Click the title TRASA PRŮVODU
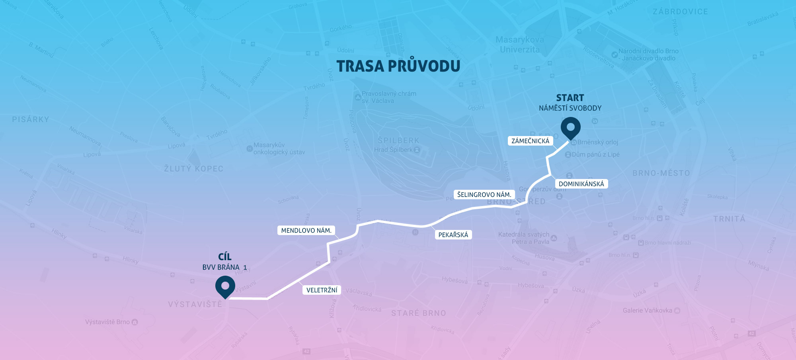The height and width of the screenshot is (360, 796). [398, 66]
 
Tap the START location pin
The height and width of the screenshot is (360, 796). [570, 127]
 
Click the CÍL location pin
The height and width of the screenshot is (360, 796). [225, 286]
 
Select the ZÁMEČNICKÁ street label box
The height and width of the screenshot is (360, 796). [530, 141]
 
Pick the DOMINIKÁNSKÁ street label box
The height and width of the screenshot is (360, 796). [581, 184]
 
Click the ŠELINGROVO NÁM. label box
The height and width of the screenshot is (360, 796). [484, 195]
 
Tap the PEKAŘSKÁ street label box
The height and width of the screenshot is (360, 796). [453, 235]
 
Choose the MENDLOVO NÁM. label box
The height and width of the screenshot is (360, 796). [306, 230]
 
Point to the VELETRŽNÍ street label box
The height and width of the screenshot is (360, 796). [322, 290]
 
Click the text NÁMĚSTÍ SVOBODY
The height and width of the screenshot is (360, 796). [570, 108]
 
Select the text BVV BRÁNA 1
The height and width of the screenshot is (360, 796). [224, 267]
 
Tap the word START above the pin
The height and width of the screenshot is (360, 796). [570, 98]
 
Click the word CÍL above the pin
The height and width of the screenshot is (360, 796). [225, 257]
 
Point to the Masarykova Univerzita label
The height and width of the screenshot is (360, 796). [519, 45]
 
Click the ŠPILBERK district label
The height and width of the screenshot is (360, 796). [398, 140]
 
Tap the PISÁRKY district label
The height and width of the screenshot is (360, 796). [31, 119]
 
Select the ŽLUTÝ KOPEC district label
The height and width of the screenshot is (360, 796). [193, 169]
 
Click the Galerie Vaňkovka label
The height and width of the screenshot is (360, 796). [648, 310]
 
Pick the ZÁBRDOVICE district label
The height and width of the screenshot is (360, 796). [680, 12]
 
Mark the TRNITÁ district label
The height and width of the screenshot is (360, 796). [729, 219]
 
